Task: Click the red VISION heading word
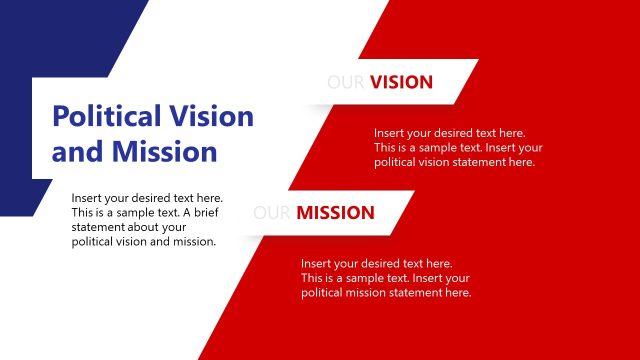[401, 82]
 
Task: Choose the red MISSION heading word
[335, 212]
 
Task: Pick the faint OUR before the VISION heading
[346, 82]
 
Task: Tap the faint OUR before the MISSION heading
[272, 212]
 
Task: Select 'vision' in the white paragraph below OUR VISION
[440, 162]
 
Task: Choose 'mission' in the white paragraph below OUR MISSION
[370, 293]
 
